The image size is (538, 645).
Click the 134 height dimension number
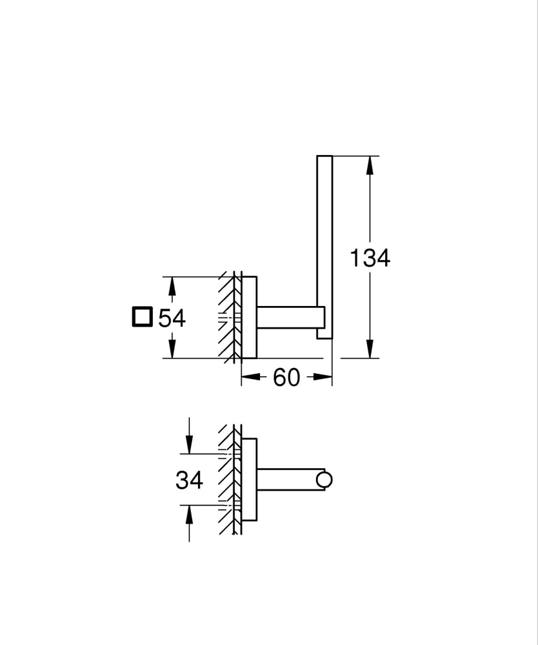[370, 258]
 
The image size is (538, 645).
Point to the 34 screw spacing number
[189, 480]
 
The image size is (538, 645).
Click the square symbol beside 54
[141, 318]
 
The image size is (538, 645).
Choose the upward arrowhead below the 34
[189, 514]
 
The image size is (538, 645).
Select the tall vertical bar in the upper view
[324, 245]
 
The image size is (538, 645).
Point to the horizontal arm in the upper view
[287, 317]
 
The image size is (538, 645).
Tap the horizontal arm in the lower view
[287, 480]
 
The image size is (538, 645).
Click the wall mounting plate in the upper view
[249, 317]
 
